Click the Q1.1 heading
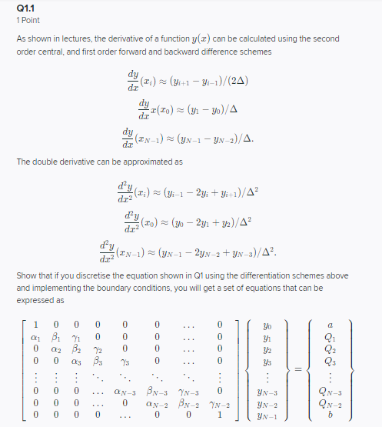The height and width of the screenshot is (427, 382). click(25, 8)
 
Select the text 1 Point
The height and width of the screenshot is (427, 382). click(28, 20)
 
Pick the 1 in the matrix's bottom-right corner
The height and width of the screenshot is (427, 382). click(221, 415)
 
